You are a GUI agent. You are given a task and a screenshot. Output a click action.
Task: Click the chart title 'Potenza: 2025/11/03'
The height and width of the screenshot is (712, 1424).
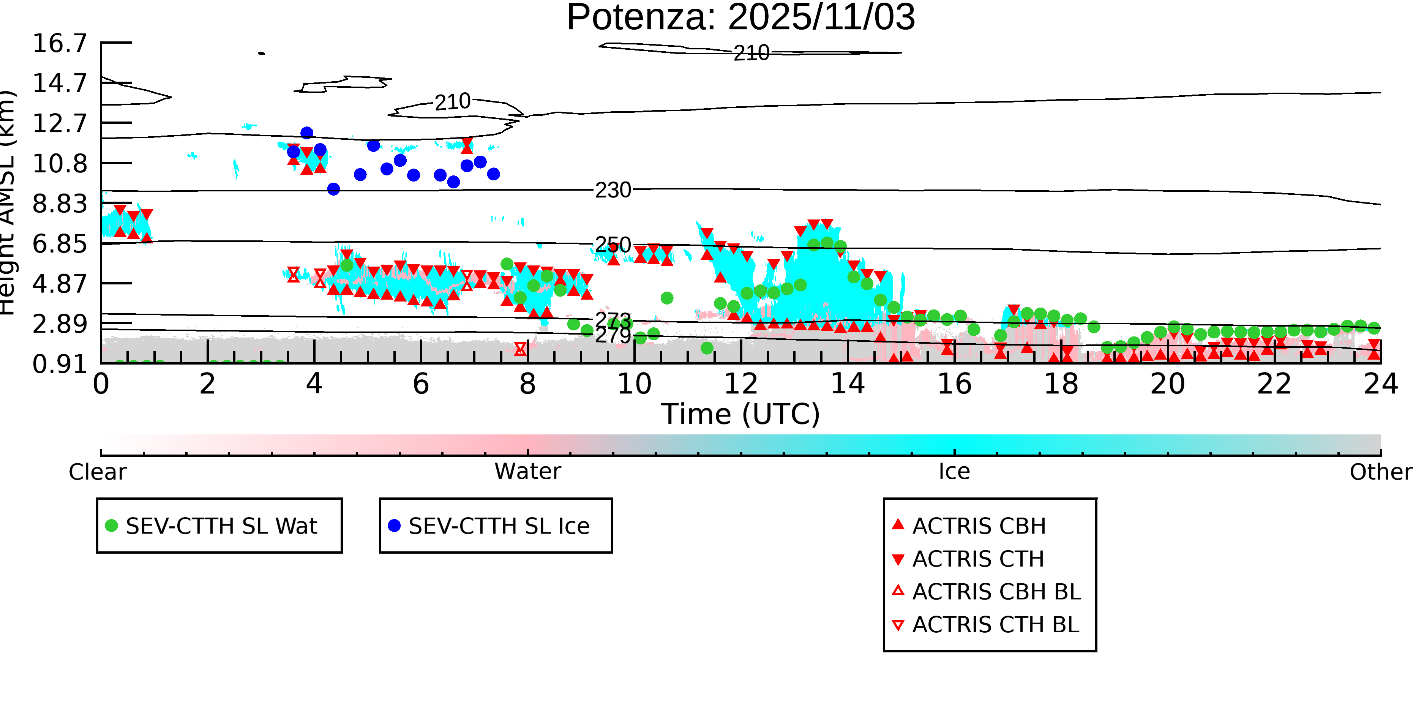pos(741,18)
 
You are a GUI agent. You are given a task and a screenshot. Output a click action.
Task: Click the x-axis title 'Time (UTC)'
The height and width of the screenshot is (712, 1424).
pos(741,414)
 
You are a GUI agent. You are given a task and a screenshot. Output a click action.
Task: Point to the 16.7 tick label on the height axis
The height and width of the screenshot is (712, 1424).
pos(60,43)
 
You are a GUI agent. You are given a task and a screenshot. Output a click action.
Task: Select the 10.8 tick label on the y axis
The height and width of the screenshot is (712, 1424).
pos(60,164)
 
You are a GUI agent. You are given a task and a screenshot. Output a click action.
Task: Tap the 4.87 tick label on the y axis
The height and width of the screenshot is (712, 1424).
pos(60,284)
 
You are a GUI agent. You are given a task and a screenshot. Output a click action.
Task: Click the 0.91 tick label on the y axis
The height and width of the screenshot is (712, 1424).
pos(60,364)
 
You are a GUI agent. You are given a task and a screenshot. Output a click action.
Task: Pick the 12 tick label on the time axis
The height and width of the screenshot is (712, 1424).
pos(741,384)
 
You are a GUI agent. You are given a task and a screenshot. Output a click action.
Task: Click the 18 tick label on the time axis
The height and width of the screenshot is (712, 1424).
pos(1061,384)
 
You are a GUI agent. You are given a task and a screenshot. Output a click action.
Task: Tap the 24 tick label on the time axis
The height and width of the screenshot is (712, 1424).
pos(1381,384)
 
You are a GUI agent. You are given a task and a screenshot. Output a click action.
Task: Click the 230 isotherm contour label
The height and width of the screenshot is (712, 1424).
pos(613,190)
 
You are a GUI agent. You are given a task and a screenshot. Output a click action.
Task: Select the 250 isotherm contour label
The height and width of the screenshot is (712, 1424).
pos(613,245)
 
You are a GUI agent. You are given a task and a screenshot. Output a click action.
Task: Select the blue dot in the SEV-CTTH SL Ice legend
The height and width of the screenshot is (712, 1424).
pos(394,526)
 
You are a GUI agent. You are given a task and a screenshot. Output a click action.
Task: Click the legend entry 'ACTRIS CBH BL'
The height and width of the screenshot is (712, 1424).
pos(996,592)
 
